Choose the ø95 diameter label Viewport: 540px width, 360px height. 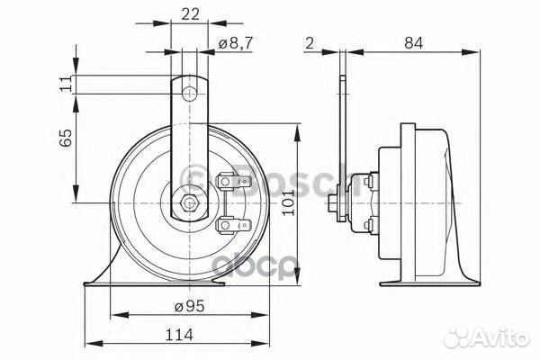pyautogui.click(x=185, y=307)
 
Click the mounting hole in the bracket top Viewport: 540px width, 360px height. pyautogui.click(x=188, y=93)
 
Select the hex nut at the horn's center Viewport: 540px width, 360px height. pyautogui.click(x=188, y=203)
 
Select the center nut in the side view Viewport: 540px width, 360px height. pyautogui.click(x=335, y=203)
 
